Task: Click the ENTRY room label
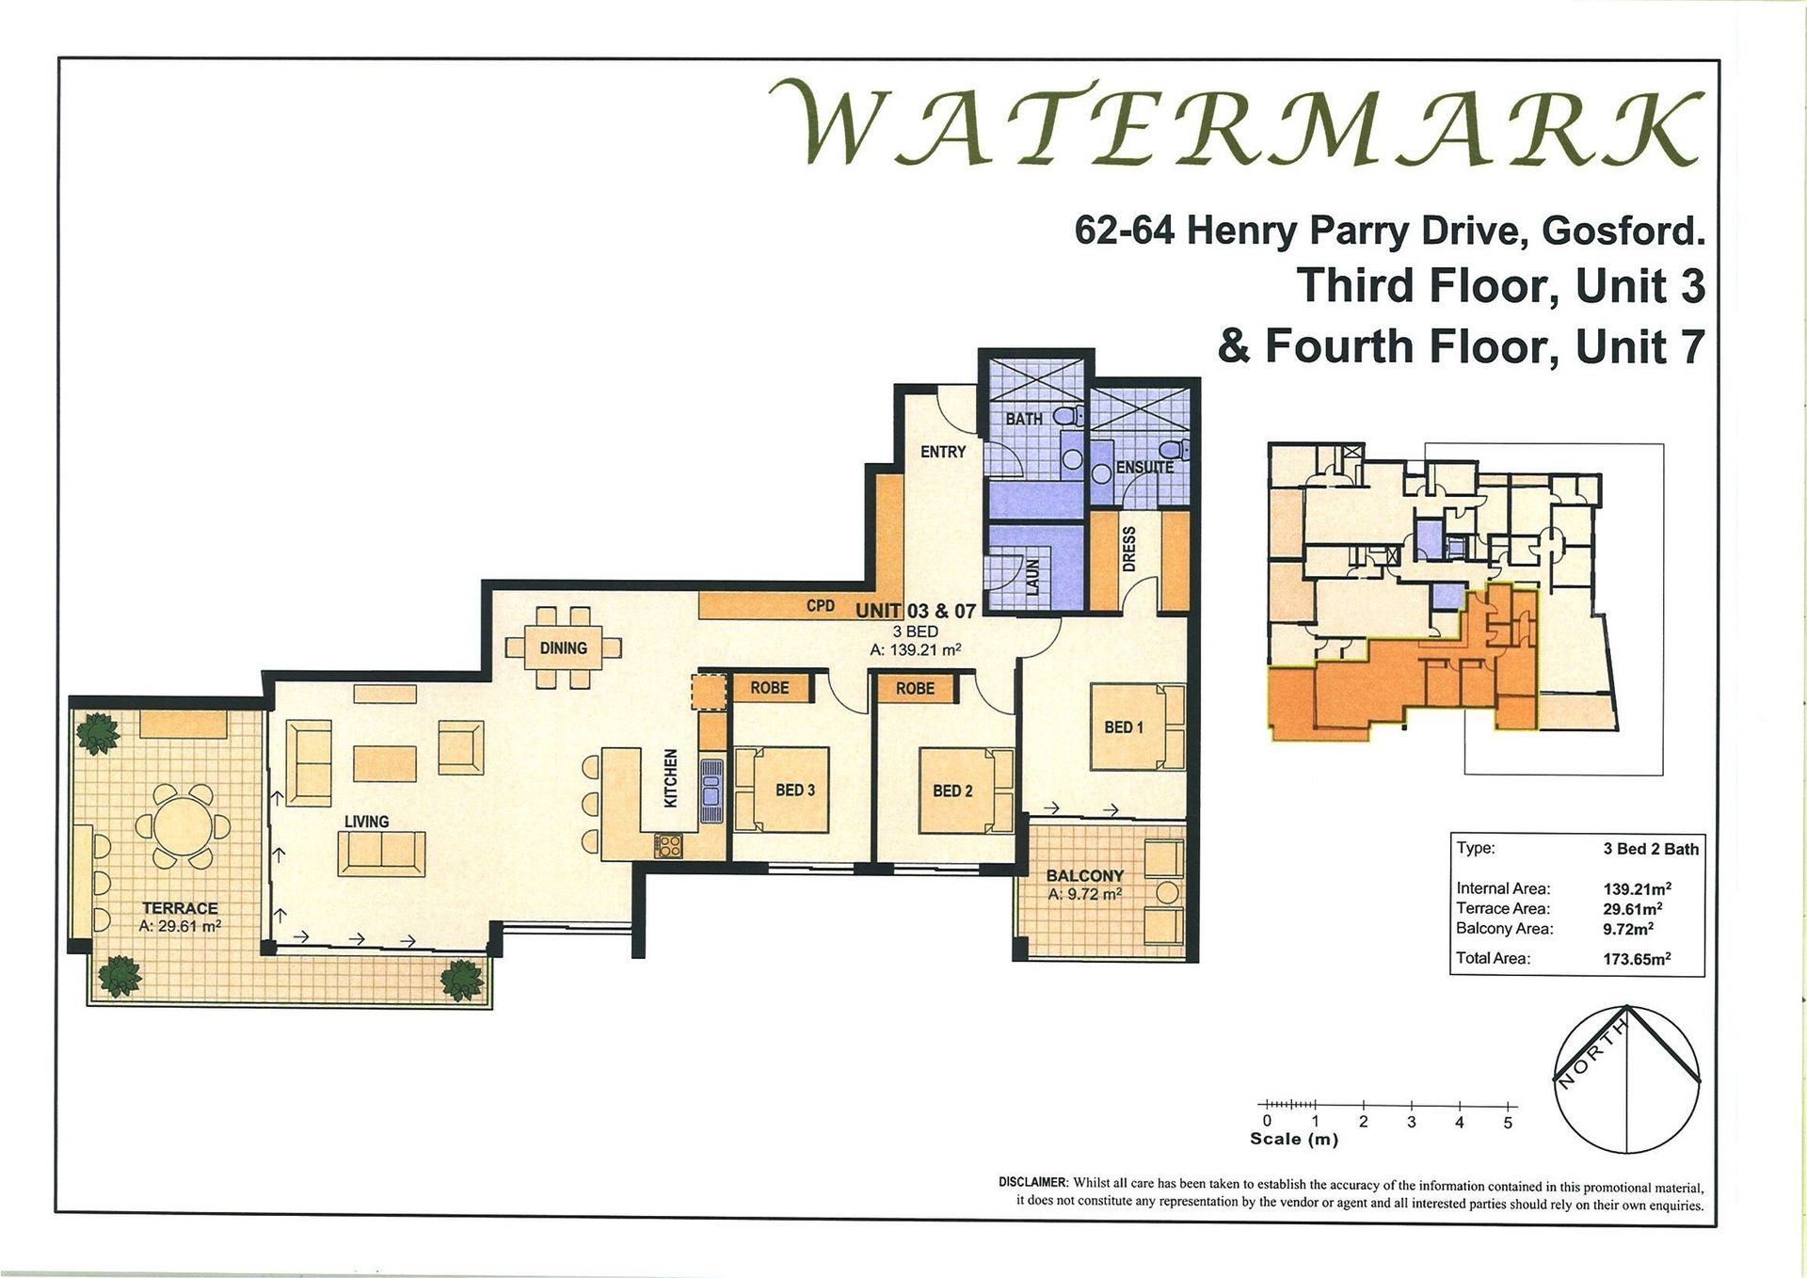coord(943,452)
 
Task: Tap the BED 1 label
coord(1124,727)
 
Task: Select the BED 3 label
coord(795,791)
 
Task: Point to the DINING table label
coord(563,648)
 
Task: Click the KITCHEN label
coord(671,778)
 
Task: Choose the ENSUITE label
coord(1144,468)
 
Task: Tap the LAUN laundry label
coord(1032,577)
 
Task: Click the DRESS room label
coord(1129,549)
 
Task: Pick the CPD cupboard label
coord(821,606)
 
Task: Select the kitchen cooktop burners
coord(668,845)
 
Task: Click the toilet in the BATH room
coord(1066,415)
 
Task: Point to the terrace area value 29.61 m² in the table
coord(1633,908)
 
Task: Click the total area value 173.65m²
coord(1637,959)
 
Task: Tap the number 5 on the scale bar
coord(1508,1123)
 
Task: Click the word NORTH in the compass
coord(1591,1055)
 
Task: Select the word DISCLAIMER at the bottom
coord(1033,1183)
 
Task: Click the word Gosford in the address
coord(1623,231)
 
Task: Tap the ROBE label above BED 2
coord(915,689)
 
